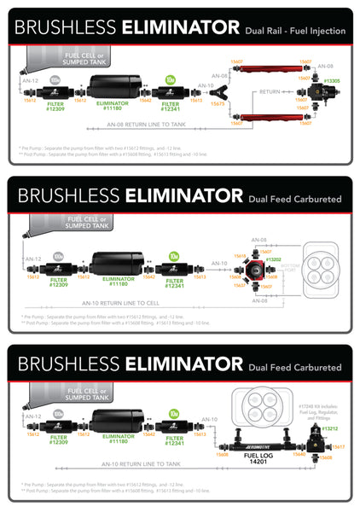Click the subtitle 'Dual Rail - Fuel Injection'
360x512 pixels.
tap(295, 31)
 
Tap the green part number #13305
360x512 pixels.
tap(331, 81)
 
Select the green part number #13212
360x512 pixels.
tap(330, 428)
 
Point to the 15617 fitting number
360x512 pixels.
tap(339, 447)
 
